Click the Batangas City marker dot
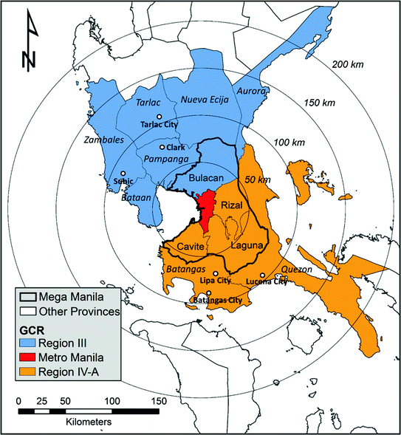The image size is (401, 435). coord(209,294)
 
